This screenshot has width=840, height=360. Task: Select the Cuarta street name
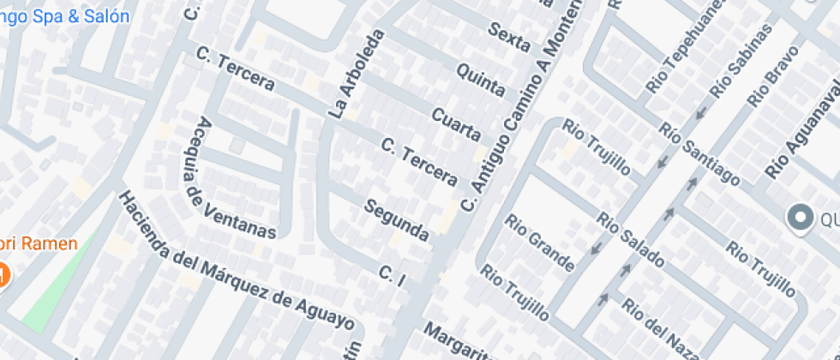pos(456,125)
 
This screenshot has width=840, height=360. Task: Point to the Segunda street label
pos(396,219)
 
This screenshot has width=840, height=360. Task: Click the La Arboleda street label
pos(352,75)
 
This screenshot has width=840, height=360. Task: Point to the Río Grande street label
pos(539,243)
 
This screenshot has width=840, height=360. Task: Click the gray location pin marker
pos(801,219)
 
